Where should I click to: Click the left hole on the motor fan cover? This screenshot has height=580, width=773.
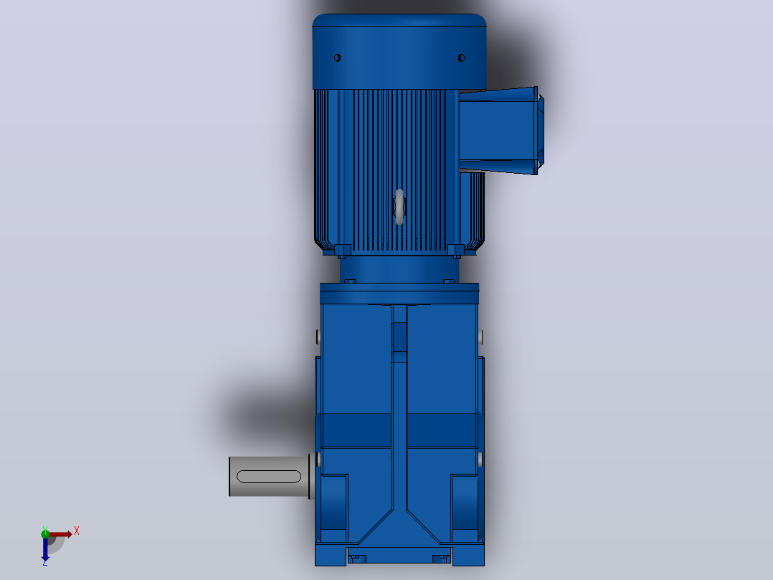[x=337, y=57]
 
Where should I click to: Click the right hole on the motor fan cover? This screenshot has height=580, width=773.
[x=462, y=57]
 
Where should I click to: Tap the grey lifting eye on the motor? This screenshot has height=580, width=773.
[x=399, y=206]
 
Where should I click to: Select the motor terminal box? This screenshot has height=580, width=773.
[x=501, y=131]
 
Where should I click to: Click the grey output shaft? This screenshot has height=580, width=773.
[x=270, y=477]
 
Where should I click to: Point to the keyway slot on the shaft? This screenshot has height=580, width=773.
[x=269, y=477]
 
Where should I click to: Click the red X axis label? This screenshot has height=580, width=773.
[x=77, y=531]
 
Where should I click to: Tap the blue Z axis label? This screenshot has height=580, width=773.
[x=45, y=562]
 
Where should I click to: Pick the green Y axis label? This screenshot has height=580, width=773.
[x=45, y=528]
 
